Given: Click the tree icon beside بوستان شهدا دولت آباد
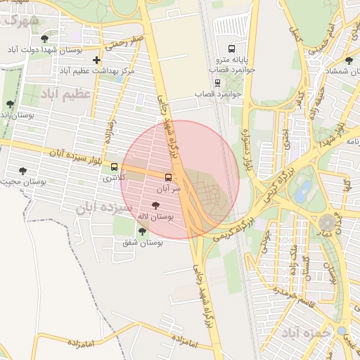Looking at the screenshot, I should [x=46, y=39].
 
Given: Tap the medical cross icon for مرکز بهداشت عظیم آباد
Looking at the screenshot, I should [x=96, y=60].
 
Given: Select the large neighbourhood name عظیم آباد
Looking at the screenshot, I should [x=67, y=94].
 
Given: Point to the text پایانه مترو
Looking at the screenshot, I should [x=227, y=60].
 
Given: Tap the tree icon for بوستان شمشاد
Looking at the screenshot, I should [x=349, y=60].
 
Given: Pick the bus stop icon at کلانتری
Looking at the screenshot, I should [x=105, y=167].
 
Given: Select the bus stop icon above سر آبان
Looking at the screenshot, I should [x=168, y=178].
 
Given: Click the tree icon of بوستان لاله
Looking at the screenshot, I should [x=155, y=205].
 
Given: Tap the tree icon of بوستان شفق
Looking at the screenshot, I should [x=142, y=231].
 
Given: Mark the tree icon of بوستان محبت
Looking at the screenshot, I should [x=22, y=170].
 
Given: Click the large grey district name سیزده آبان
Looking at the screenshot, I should [x=106, y=209].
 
